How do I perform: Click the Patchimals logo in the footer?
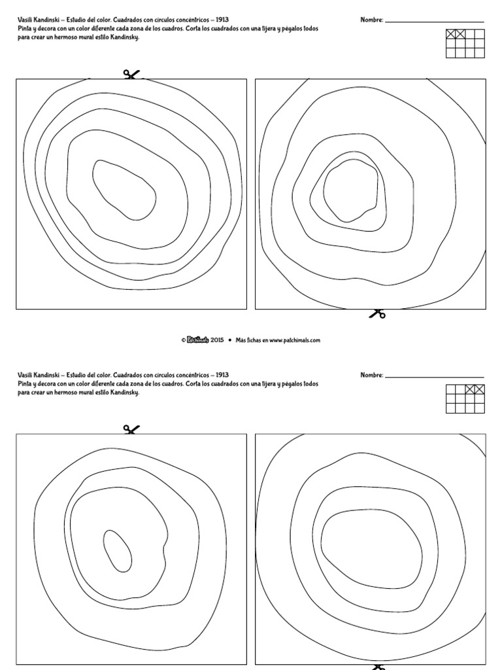(197, 340)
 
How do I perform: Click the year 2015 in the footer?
(217, 340)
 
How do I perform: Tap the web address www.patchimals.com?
(294, 340)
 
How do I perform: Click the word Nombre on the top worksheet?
(371, 20)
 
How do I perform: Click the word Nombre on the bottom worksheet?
(371, 376)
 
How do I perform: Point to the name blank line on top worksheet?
(435, 22)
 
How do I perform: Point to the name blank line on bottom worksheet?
(435, 378)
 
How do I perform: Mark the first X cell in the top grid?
(451, 33)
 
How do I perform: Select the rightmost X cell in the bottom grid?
(480, 389)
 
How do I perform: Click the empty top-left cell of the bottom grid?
(451, 389)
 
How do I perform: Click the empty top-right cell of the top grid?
(480, 33)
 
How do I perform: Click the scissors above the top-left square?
(131, 75)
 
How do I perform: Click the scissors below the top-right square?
(376, 313)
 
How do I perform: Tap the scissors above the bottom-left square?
(131, 430)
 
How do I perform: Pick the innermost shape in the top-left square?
(124, 189)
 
